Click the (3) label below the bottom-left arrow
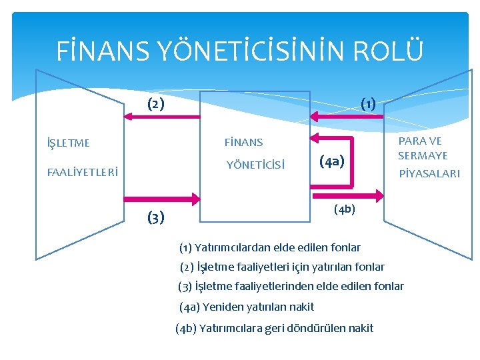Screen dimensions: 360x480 (x=155, y=217)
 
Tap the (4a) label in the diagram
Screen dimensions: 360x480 (x=332, y=161)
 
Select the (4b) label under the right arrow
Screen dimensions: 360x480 (x=345, y=209)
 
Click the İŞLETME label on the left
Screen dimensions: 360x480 (x=68, y=143)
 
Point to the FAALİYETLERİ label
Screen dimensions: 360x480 (x=83, y=172)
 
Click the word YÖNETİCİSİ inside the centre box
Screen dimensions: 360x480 (x=255, y=165)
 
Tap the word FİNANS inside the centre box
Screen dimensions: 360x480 (x=243, y=142)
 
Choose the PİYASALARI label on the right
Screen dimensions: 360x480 (x=429, y=173)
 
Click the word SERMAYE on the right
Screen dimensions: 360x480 (x=423, y=155)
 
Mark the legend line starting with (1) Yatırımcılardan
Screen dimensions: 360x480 (x=270, y=248)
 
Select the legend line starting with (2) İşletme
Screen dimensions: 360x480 (x=283, y=267)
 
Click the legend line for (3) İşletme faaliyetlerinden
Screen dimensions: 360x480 (x=291, y=287)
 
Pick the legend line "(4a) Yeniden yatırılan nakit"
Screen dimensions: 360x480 (x=247, y=307)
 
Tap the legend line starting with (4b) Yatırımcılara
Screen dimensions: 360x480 (x=275, y=328)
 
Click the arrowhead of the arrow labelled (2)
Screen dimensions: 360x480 (x=130, y=117)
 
